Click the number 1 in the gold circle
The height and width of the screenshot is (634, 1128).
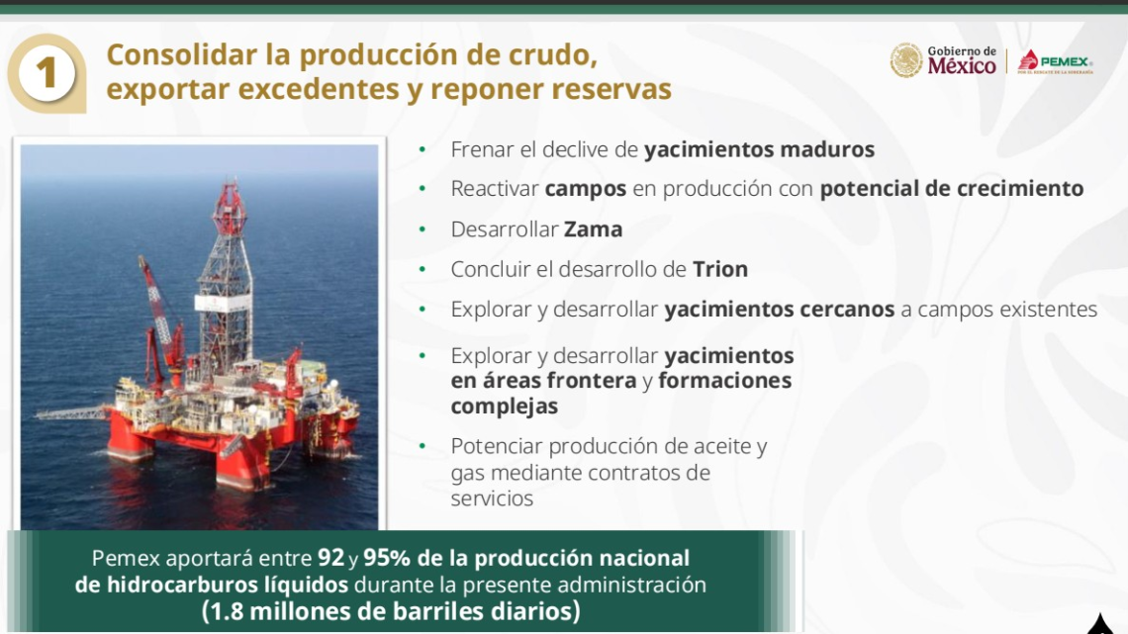click(x=47, y=74)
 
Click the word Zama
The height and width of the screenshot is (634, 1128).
click(x=593, y=229)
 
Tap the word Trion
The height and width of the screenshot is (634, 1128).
click(x=719, y=269)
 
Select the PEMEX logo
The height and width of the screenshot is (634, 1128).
click(x=1055, y=61)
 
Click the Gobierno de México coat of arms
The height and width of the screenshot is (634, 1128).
click(x=905, y=60)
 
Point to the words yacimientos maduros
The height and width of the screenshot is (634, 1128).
click(x=759, y=150)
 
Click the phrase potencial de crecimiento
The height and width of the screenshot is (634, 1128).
click(x=951, y=189)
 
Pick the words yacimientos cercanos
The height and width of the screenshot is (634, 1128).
click(x=779, y=310)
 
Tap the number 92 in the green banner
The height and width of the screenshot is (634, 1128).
click(x=330, y=558)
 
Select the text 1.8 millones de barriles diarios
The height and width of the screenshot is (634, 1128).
click(x=391, y=611)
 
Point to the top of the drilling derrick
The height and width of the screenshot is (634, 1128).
click(x=229, y=193)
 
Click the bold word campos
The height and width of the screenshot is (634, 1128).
click(x=585, y=189)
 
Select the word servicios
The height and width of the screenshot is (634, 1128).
click(x=492, y=498)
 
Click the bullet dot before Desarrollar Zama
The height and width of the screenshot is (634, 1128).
click(x=423, y=229)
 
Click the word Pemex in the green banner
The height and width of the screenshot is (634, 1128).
click(x=123, y=558)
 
